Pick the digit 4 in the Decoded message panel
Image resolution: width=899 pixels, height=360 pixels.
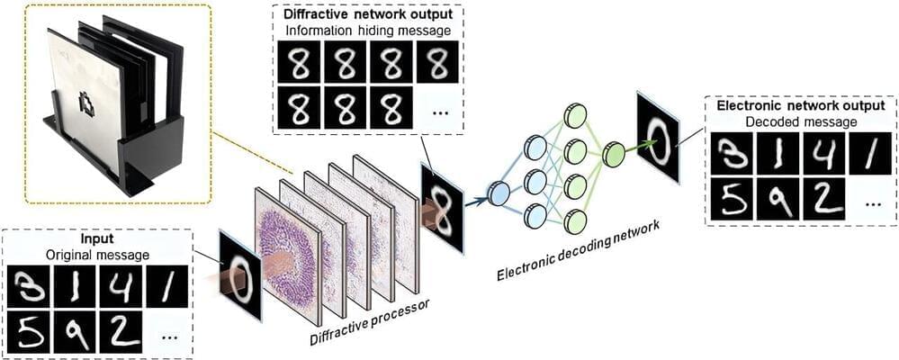823,154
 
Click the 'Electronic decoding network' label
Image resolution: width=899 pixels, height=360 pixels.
576,248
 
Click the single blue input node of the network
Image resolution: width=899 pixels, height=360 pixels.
498,189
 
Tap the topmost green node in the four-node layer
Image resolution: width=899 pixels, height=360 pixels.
574,114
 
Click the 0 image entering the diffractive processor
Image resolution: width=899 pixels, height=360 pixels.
240,274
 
